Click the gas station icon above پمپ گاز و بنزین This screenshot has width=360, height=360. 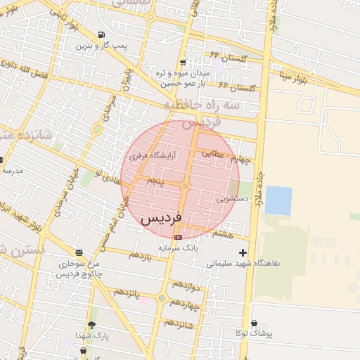coord(102,34)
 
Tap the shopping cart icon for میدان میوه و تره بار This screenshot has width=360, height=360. coord(183,62)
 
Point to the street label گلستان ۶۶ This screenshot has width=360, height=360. coord(235,86)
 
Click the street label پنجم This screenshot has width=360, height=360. coord(155,181)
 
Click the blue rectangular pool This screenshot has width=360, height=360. coord(278,200)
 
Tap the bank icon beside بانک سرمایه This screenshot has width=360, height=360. coord(178,237)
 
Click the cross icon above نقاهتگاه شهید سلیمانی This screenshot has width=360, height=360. coord(243,252)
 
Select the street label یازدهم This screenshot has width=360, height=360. coord(140,256)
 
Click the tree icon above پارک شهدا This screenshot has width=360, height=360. coord(91,325)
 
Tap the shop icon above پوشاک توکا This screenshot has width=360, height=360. coord(253,323)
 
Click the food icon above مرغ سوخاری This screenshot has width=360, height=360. coord(78,252)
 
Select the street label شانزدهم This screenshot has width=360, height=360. coord(179,324)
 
